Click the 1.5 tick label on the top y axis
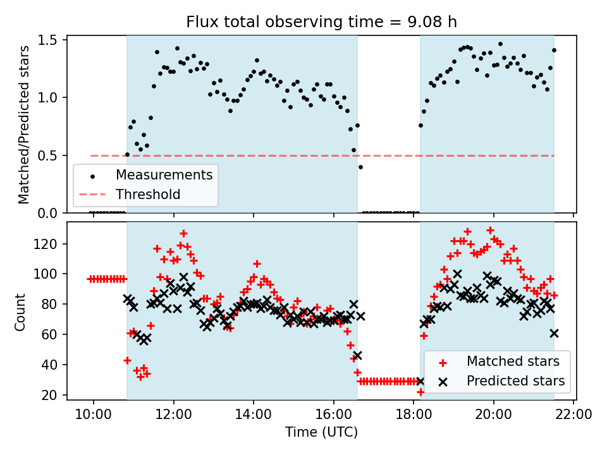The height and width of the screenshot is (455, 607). (x=47, y=40)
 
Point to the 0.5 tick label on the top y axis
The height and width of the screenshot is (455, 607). (x=47, y=155)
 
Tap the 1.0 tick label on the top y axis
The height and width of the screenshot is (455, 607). (x=47, y=97)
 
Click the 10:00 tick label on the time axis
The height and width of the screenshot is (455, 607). (x=94, y=415)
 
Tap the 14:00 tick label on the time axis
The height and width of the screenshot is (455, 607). (x=254, y=415)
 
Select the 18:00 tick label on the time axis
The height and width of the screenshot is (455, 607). (x=414, y=415)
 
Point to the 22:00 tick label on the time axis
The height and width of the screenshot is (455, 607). (x=573, y=415)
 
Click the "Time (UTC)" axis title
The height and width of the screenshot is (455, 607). (x=322, y=432)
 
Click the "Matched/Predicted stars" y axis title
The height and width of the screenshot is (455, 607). (x=23, y=124)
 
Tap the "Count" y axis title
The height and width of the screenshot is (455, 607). (x=20, y=312)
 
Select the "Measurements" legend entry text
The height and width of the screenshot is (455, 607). (x=164, y=175)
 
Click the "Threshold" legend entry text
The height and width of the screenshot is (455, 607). (x=148, y=194)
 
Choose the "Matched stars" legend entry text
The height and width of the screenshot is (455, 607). (x=513, y=361)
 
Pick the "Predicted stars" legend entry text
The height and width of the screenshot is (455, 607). (x=516, y=380)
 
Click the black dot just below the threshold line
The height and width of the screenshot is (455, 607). (x=360, y=167)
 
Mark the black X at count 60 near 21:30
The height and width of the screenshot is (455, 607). (x=554, y=333)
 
